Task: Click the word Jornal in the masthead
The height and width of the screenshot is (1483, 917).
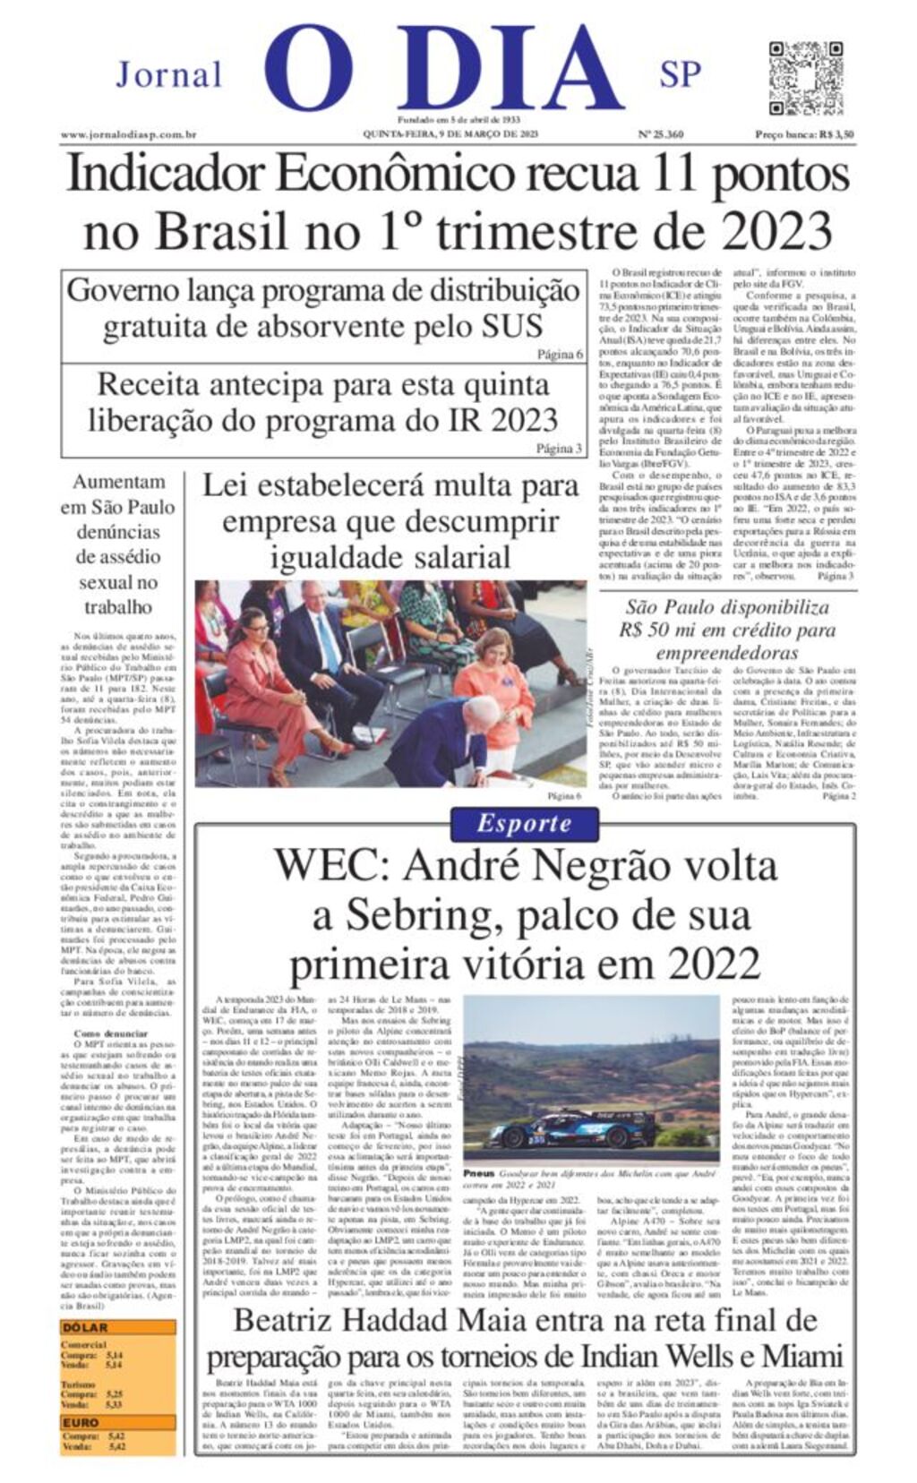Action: tap(168, 74)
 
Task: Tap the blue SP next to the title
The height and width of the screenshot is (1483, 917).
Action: tap(680, 74)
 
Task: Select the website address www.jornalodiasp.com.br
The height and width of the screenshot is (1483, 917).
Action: tap(129, 135)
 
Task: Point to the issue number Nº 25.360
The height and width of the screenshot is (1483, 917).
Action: tap(660, 135)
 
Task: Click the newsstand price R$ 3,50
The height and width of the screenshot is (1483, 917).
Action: tap(804, 135)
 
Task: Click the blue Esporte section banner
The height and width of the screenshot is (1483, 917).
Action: tap(524, 823)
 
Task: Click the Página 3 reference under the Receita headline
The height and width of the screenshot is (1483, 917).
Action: tap(560, 449)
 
